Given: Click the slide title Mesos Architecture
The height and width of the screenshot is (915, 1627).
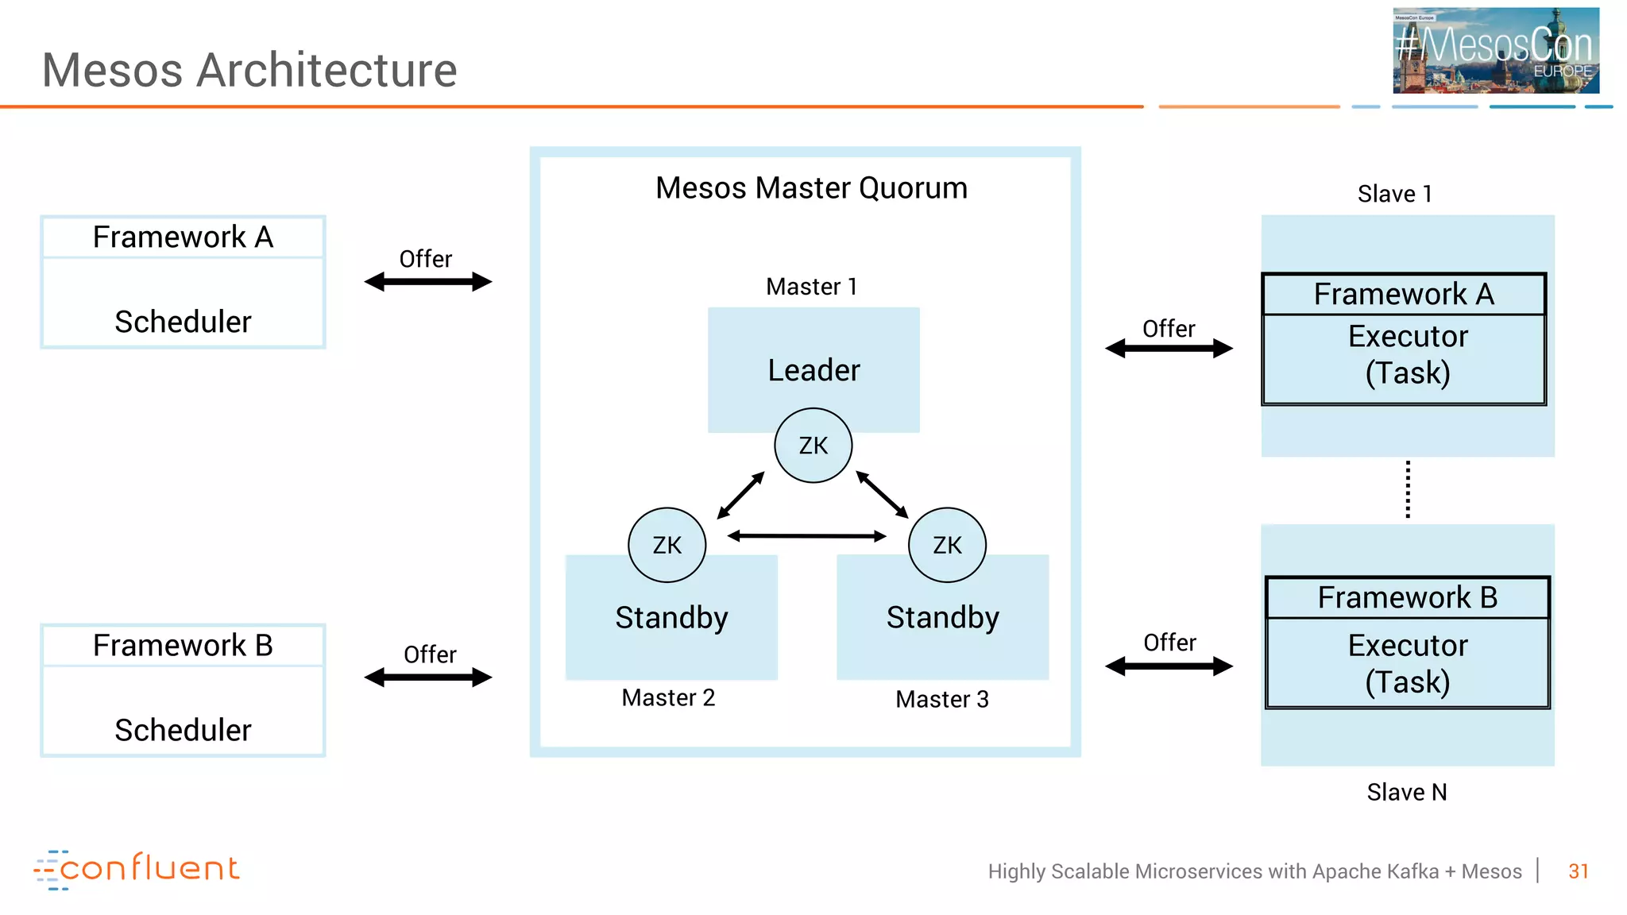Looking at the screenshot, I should point(249,70).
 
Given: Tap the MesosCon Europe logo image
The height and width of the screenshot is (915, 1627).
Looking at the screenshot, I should point(1495,51).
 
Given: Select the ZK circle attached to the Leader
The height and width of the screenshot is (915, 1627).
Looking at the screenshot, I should point(813,446).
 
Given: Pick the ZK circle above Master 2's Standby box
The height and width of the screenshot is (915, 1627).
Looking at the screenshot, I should point(667,545).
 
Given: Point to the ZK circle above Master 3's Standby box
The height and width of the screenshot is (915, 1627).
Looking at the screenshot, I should point(947,545).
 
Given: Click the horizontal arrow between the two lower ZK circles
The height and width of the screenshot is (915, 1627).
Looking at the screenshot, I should point(806,536).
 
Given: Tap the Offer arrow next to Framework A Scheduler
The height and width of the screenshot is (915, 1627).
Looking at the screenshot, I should point(428,282).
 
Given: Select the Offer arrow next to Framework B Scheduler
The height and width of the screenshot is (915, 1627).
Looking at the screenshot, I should point(428,678).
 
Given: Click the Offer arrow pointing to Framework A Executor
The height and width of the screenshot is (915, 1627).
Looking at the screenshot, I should point(1169,349).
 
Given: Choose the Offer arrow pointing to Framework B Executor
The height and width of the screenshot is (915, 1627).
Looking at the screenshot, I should point(1169,666).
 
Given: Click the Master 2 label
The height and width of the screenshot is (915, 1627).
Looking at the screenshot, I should point(668,697).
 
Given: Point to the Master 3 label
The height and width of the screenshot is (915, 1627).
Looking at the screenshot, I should point(942,699).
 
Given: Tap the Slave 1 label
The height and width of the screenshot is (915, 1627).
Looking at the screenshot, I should point(1394,194).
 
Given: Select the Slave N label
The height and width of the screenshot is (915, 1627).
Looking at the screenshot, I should point(1406,792).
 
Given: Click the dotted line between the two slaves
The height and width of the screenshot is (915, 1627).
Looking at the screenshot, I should point(1408,489).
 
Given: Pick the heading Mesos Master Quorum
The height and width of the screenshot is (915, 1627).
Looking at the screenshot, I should point(811,188).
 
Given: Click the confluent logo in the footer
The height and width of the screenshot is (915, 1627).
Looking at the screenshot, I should point(137,869).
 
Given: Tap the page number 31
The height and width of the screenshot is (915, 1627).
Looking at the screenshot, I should point(1578,871).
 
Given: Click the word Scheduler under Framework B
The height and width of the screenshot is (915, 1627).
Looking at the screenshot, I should point(183,730).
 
